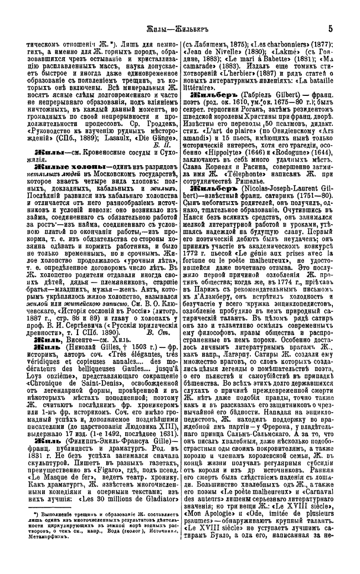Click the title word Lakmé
pyautogui.click(x=292, y=60)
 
